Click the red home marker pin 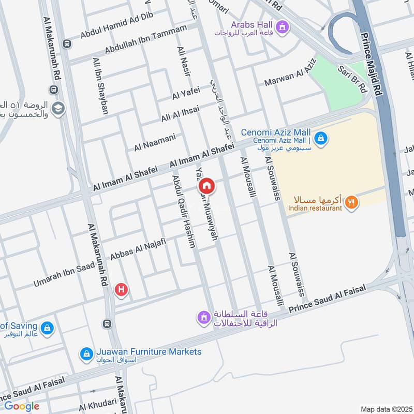[206, 185]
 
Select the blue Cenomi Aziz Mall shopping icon [321, 138]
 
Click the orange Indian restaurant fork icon [351, 202]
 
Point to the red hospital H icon [121, 290]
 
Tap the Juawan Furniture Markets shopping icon [86, 354]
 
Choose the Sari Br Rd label [352, 79]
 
